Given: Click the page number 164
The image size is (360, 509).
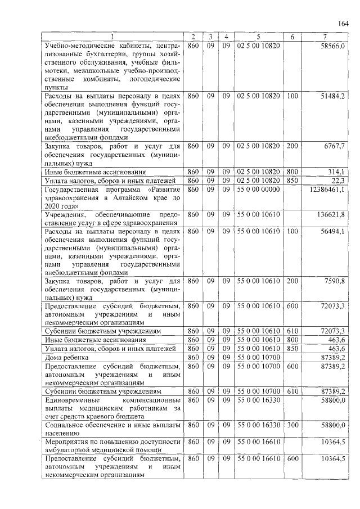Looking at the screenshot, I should click(x=344, y=23).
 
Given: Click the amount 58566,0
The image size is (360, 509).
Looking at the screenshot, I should click(x=332, y=45).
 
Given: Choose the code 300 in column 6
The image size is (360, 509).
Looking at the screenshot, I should click(x=292, y=425).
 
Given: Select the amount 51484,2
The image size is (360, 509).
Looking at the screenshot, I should click(x=332, y=97).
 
